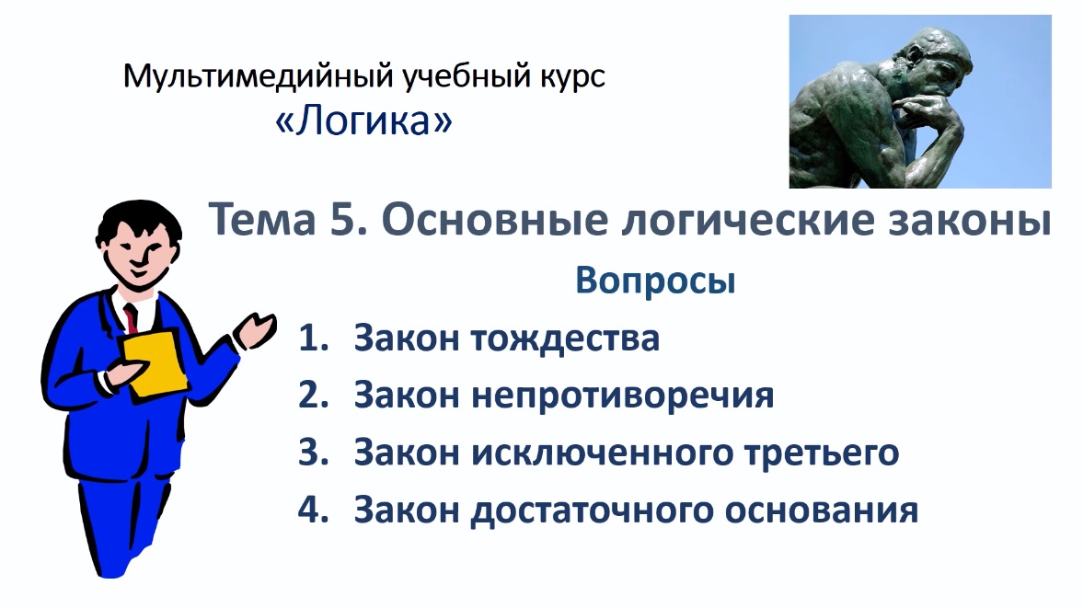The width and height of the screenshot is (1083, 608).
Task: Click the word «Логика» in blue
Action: click(x=364, y=120)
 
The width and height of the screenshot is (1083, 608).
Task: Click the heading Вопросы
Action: click(x=655, y=281)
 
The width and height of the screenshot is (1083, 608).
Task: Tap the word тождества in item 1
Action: click(x=566, y=338)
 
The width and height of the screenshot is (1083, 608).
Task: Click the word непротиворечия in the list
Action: click(x=623, y=396)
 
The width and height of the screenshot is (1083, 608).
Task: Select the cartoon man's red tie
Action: click(x=132, y=317)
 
